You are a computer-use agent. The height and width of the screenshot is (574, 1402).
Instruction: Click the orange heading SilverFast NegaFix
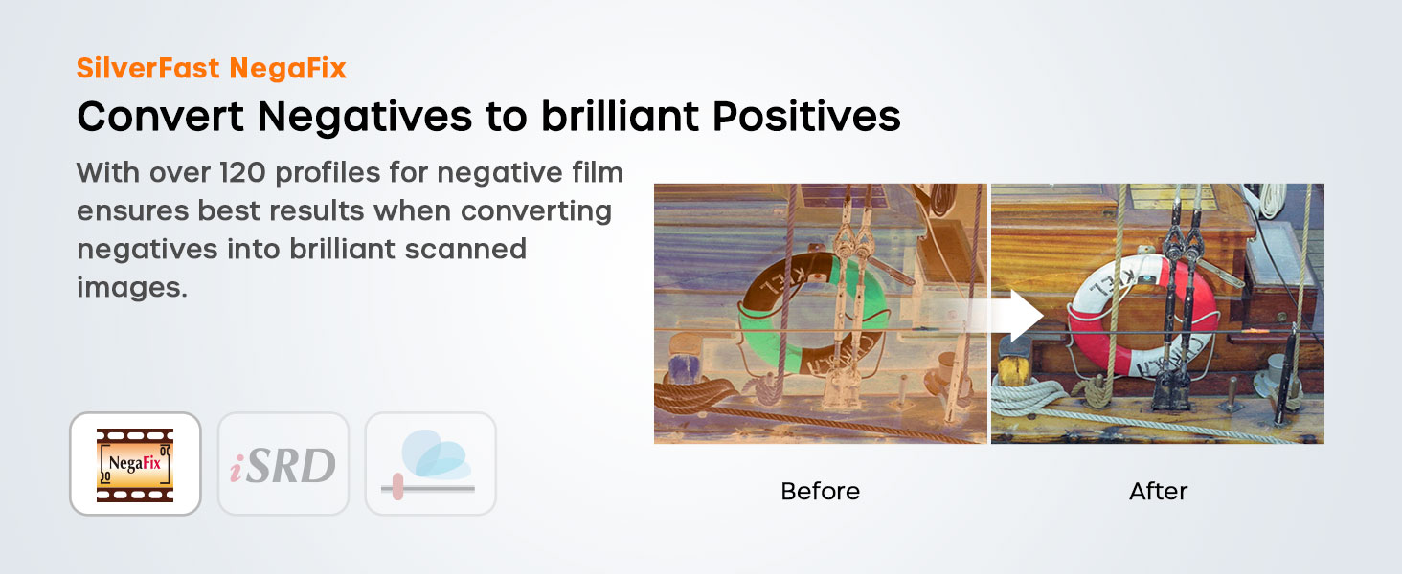pyautogui.click(x=212, y=68)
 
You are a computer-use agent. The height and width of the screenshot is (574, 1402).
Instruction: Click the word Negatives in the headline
pyautogui.click(x=364, y=117)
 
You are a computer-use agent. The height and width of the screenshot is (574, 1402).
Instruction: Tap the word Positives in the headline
pyautogui.click(x=806, y=117)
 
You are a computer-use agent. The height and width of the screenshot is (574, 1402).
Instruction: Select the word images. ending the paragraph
pyautogui.click(x=132, y=288)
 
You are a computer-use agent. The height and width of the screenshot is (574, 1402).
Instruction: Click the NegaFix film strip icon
pyautogui.click(x=135, y=464)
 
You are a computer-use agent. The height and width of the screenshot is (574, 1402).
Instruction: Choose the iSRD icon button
pyautogui.click(x=283, y=464)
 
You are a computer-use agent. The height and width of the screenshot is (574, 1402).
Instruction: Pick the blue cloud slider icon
pyautogui.click(x=431, y=464)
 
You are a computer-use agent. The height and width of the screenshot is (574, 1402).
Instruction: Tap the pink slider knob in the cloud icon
pyautogui.click(x=397, y=486)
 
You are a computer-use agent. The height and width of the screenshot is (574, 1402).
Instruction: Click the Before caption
pyautogui.click(x=820, y=492)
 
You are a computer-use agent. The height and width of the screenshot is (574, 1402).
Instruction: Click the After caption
pyautogui.click(x=1158, y=492)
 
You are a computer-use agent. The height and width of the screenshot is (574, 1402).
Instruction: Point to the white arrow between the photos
pyautogui.click(x=994, y=316)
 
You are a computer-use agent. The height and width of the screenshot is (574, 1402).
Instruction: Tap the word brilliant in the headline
pyautogui.click(x=620, y=117)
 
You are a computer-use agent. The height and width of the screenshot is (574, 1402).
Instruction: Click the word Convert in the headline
pyautogui.click(x=160, y=117)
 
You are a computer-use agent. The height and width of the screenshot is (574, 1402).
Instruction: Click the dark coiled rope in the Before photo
pyautogui.click(x=689, y=394)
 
